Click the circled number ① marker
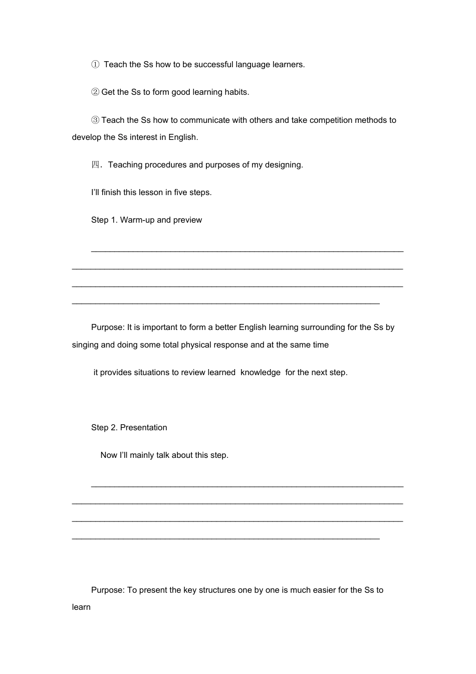coord(95,65)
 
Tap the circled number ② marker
coord(95,92)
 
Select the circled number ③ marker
coord(95,120)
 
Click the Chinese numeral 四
coord(95,165)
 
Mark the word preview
coord(187,220)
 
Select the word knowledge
coord(260,373)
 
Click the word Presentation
coord(143,428)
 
